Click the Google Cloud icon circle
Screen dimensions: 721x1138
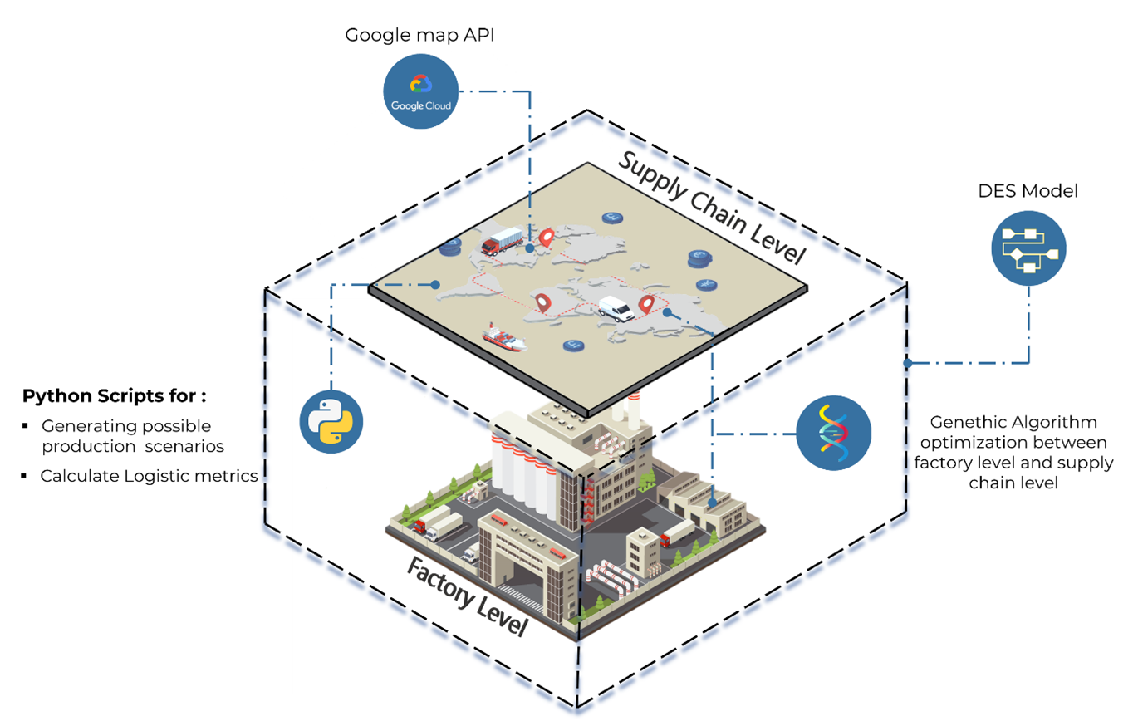(419, 91)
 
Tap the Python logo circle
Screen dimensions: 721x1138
(331, 421)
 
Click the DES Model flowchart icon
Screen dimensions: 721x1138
(1028, 248)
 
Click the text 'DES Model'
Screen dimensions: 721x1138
(1028, 191)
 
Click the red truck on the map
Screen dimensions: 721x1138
(503, 241)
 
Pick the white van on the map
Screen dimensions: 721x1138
(616, 308)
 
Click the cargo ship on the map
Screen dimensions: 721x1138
(504, 336)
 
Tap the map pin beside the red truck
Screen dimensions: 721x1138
(546, 238)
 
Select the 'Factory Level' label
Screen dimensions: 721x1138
(466, 596)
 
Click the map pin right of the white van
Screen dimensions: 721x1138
(646, 304)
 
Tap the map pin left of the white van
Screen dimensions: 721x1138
(543, 303)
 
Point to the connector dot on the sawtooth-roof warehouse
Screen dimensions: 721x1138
(714, 503)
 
